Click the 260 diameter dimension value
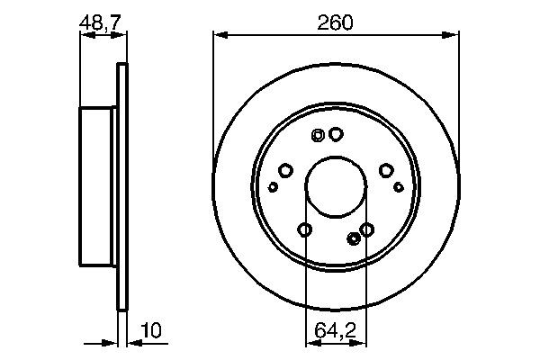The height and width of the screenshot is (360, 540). (x=335, y=22)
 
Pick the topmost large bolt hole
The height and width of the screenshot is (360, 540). (x=336, y=134)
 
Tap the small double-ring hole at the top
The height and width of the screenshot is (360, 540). (x=317, y=136)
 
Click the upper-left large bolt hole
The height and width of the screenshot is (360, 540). (x=285, y=170)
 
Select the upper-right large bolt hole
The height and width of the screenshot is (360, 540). (x=386, y=170)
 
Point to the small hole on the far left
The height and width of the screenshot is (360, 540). (x=274, y=187)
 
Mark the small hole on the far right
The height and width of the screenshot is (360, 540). (x=399, y=187)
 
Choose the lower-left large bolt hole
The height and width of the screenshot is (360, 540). (x=304, y=230)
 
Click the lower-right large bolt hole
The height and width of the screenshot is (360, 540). (x=367, y=230)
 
